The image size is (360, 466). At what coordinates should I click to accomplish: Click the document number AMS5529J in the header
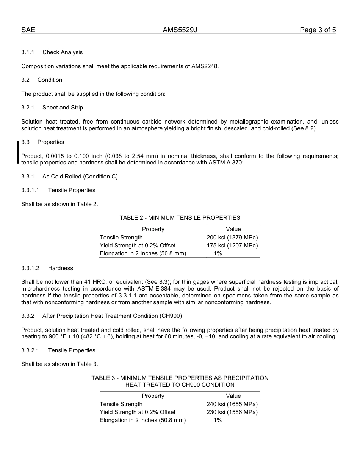[180, 30]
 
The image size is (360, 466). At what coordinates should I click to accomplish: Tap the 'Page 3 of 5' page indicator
[318, 30]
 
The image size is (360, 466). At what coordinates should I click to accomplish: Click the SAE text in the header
[28, 30]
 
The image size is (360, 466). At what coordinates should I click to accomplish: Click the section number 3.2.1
[28, 108]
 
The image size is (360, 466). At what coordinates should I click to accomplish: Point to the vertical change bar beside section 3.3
[17, 152]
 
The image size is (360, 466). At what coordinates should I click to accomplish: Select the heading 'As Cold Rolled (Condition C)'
[80, 177]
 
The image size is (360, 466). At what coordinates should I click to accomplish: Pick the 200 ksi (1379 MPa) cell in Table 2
[232, 238]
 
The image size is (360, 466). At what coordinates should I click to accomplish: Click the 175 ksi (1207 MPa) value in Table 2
[232, 246]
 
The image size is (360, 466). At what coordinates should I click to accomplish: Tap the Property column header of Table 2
[153, 229]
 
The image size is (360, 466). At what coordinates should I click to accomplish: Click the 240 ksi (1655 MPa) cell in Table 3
[232, 404]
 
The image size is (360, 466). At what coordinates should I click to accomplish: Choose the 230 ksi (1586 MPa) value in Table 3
[232, 412]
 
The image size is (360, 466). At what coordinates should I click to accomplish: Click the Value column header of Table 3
[233, 396]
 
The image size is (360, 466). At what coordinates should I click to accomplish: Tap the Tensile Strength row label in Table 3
[121, 404]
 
